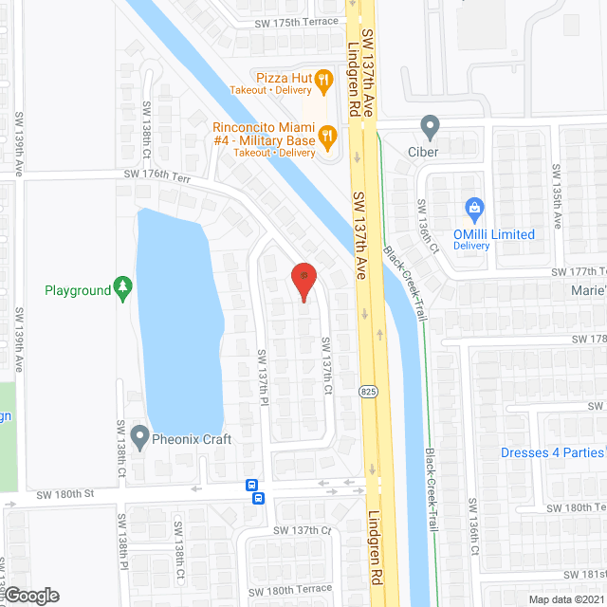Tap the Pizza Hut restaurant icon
(x=323, y=82)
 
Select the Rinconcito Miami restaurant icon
(x=328, y=138)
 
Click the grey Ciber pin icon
(x=431, y=125)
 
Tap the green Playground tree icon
(x=121, y=288)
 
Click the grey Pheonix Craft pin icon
(x=140, y=438)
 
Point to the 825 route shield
(x=365, y=390)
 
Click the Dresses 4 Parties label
(x=553, y=452)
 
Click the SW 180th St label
(x=68, y=494)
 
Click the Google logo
(x=30, y=595)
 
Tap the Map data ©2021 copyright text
(x=566, y=599)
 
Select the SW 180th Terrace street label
(x=290, y=589)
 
